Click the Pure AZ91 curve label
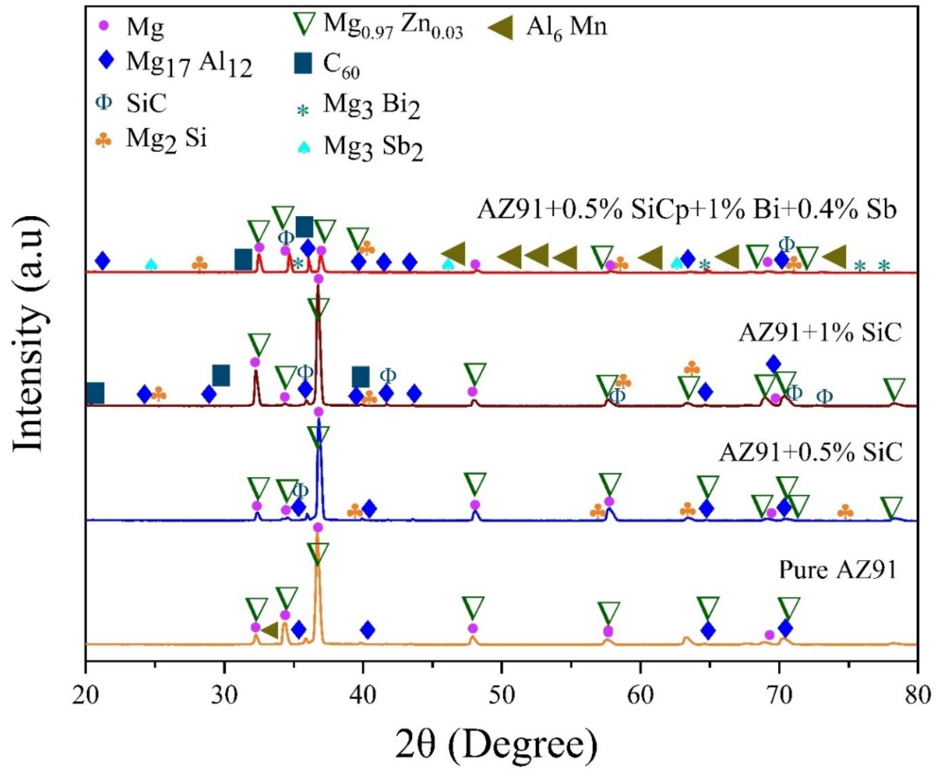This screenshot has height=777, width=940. [x=837, y=570]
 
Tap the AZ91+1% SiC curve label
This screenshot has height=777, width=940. [x=819, y=333]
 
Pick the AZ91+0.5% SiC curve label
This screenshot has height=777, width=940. [x=810, y=453]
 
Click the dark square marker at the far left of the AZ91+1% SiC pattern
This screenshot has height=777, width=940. [x=95, y=393]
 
